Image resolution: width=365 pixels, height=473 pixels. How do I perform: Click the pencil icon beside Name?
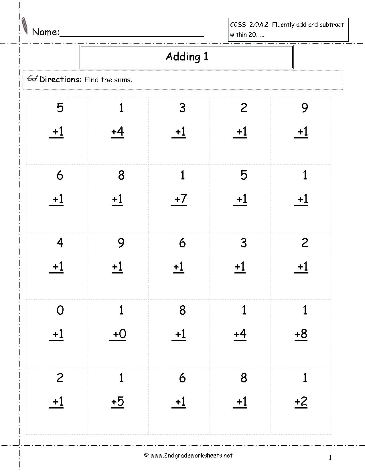[25, 26]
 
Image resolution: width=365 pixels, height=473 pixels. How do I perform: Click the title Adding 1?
[187, 56]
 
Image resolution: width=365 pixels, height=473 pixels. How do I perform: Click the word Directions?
[60, 79]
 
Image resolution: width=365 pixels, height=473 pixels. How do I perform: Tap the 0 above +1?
[60, 310]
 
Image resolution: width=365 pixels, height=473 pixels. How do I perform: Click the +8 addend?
[301, 334]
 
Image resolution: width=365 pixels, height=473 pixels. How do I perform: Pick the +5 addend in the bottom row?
[118, 402]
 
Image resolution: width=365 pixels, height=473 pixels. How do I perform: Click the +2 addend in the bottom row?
[301, 402]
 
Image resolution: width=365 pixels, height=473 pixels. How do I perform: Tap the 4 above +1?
[60, 243]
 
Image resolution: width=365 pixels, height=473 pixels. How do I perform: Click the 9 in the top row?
[305, 108]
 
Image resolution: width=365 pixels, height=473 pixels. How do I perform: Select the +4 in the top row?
[118, 132]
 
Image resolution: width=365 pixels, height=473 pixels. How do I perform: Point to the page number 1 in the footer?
[330, 458]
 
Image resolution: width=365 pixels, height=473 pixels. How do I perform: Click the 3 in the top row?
[182, 108]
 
